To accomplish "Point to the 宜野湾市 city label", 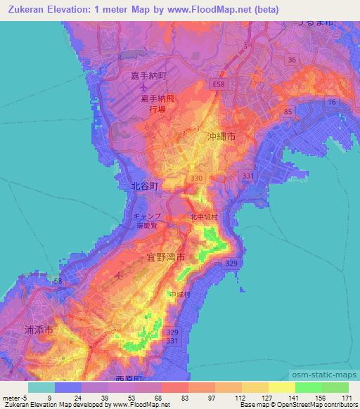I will [166, 257].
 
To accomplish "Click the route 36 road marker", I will [291, 60].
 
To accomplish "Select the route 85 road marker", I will [287, 112].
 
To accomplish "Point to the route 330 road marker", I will [196, 178].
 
